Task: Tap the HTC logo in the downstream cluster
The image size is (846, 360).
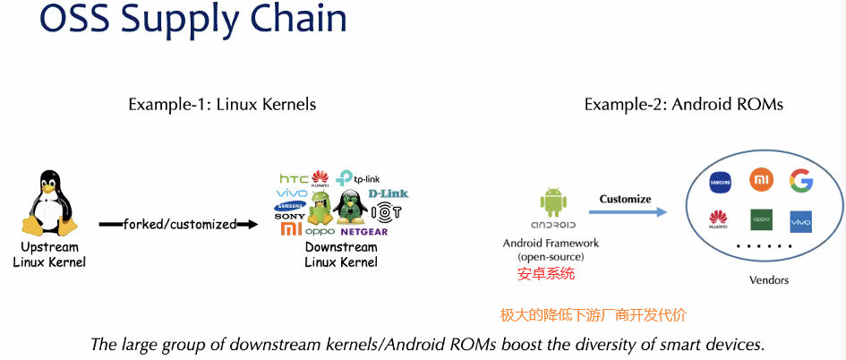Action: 293,179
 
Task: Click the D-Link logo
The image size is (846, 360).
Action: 388,193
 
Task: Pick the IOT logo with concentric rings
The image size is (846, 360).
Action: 386,213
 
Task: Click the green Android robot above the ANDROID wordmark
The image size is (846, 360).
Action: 551,203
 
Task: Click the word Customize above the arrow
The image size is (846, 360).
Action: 625,199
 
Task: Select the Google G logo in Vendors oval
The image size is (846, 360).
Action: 800,182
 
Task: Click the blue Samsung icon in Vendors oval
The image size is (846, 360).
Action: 721,182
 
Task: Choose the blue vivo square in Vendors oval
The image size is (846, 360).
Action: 800,220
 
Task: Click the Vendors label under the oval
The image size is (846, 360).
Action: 769,280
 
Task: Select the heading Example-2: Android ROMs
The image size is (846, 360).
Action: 683,105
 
